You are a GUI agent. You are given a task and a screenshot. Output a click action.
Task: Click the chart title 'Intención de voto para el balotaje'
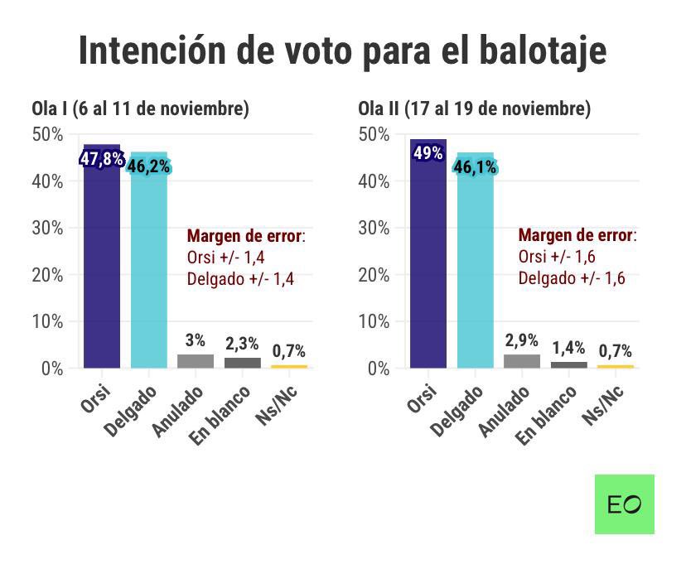[342, 50]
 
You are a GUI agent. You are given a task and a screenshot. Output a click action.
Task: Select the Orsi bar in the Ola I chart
[102, 265]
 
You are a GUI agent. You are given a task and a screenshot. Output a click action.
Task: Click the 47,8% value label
[102, 159]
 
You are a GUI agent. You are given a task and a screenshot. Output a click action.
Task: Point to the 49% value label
[428, 153]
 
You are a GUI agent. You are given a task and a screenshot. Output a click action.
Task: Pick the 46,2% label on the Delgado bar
[148, 166]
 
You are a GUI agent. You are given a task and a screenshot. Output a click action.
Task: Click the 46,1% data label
[475, 167]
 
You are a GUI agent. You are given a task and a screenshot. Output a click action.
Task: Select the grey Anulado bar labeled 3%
[196, 360]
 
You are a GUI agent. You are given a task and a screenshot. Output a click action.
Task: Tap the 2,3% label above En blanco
[242, 344]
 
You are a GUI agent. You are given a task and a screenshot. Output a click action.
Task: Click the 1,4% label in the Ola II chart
[568, 348]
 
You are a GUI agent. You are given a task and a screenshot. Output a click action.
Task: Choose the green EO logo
[624, 504]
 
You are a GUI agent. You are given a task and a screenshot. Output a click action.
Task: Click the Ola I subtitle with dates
[140, 108]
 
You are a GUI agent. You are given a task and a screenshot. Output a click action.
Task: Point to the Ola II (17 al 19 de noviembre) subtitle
[474, 108]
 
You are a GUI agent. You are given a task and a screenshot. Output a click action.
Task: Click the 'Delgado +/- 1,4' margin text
[240, 279]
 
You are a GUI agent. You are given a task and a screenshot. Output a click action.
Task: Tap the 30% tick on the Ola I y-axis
[47, 228]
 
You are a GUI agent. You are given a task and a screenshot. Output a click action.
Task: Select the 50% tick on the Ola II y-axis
[374, 134]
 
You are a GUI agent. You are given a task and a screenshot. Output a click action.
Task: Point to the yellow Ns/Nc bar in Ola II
[615, 365]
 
